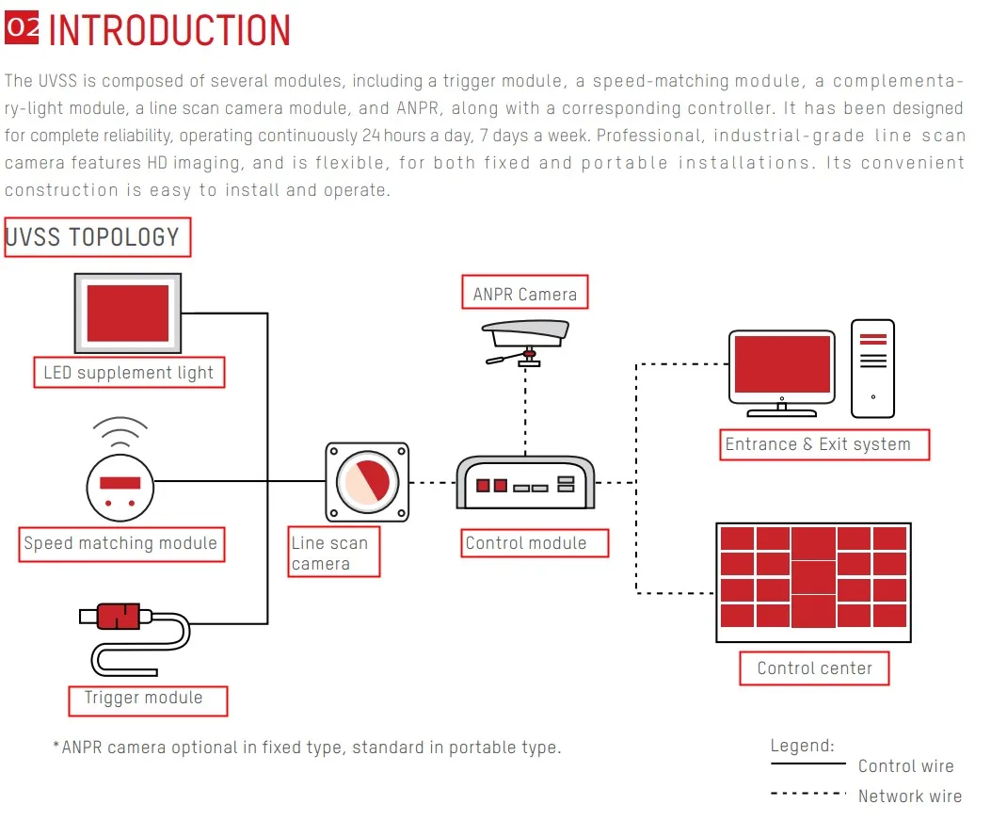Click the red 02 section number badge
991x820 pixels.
point(22,28)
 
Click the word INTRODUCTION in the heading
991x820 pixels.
point(169,30)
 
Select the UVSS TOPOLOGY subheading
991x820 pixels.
point(97,237)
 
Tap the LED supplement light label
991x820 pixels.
point(129,373)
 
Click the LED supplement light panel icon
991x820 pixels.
point(128,313)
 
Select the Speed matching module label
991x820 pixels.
point(120,544)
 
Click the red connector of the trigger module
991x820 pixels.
point(119,617)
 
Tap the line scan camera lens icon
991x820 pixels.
point(367,482)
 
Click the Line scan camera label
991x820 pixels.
point(334,552)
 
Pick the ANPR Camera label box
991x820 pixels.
point(524,292)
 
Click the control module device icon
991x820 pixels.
point(525,482)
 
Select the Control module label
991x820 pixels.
point(535,543)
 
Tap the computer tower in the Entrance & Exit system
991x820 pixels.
point(872,369)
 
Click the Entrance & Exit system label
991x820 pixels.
point(824,444)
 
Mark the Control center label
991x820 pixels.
point(814,668)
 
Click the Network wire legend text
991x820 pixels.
point(910,796)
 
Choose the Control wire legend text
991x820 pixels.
point(905,766)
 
